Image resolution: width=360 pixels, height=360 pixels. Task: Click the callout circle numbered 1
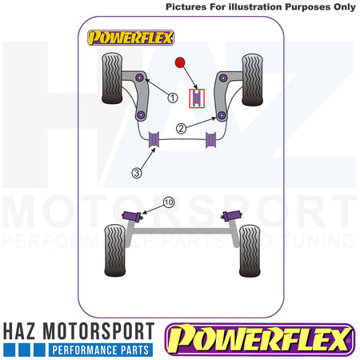(x=173, y=98)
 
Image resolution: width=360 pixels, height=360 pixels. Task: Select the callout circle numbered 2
(x=181, y=129)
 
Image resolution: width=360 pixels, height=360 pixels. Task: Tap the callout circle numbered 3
(x=137, y=173)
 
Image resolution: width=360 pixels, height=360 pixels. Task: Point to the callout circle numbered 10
(x=169, y=202)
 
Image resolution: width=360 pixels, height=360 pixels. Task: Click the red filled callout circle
(x=180, y=62)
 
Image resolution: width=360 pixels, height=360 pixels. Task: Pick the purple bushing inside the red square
(x=197, y=98)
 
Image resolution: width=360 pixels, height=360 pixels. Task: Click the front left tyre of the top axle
(x=112, y=78)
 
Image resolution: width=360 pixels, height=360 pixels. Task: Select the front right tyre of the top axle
(x=252, y=80)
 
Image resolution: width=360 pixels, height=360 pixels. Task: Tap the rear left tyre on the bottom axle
(x=115, y=250)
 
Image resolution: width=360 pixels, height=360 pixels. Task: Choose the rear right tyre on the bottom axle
(x=250, y=251)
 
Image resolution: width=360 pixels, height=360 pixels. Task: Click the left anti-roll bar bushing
(x=154, y=139)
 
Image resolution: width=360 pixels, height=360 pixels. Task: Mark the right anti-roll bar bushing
(x=210, y=140)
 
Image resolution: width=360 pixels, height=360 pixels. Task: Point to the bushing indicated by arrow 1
(x=140, y=78)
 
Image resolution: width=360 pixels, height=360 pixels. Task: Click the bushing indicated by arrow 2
(x=221, y=115)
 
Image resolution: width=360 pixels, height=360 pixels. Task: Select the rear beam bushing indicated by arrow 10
(x=132, y=215)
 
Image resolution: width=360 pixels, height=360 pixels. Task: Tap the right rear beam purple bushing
(x=232, y=215)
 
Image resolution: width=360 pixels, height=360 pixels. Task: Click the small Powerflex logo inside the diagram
(x=130, y=38)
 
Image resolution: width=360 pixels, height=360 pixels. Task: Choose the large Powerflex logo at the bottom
(x=260, y=339)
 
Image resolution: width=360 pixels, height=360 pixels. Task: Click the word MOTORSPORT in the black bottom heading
(x=98, y=331)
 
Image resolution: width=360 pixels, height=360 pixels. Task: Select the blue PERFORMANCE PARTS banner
(x=101, y=350)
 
